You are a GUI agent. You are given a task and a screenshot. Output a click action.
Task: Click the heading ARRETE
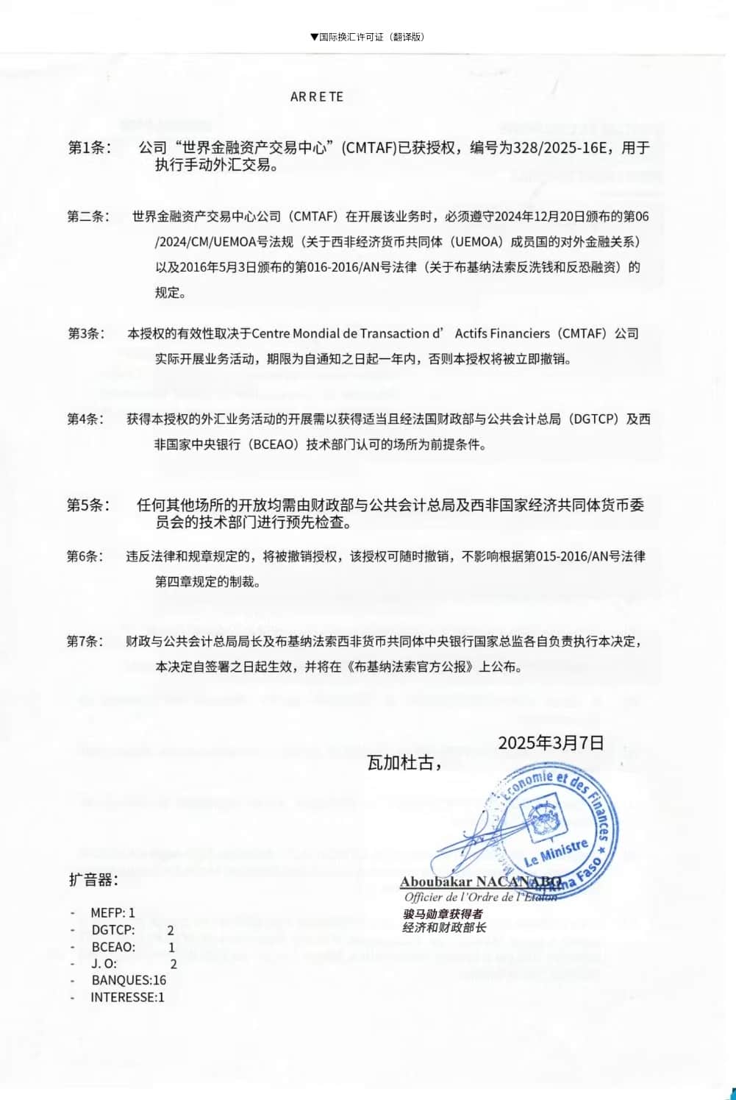tap(317, 97)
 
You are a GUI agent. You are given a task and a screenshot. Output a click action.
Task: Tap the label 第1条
tap(90, 147)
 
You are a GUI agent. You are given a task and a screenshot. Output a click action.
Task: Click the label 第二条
tap(88, 216)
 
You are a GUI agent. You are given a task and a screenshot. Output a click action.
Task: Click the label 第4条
tap(86, 419)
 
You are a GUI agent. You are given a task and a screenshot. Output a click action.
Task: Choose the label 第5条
tap(88, 505)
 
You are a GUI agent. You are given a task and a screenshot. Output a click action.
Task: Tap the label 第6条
tap(86, 556)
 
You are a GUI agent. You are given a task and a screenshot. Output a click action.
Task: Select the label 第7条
tap(86, 642)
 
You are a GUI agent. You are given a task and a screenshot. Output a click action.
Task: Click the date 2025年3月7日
tap(551, 742)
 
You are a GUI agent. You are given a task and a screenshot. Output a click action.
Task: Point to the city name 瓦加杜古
tap(404, 763)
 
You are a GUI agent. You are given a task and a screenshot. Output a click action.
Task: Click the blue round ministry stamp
tap(559, 828)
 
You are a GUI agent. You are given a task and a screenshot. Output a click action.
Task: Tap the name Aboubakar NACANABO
tap(480, 881)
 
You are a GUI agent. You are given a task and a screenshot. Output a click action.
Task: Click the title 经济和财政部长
tap(444, 928)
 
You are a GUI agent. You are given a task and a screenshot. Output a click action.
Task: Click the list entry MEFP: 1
tap(112, 912)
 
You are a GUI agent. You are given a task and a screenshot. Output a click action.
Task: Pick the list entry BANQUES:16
tap(129, 980)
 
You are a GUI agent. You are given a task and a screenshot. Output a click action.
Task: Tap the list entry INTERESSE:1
tap(127, 998)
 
